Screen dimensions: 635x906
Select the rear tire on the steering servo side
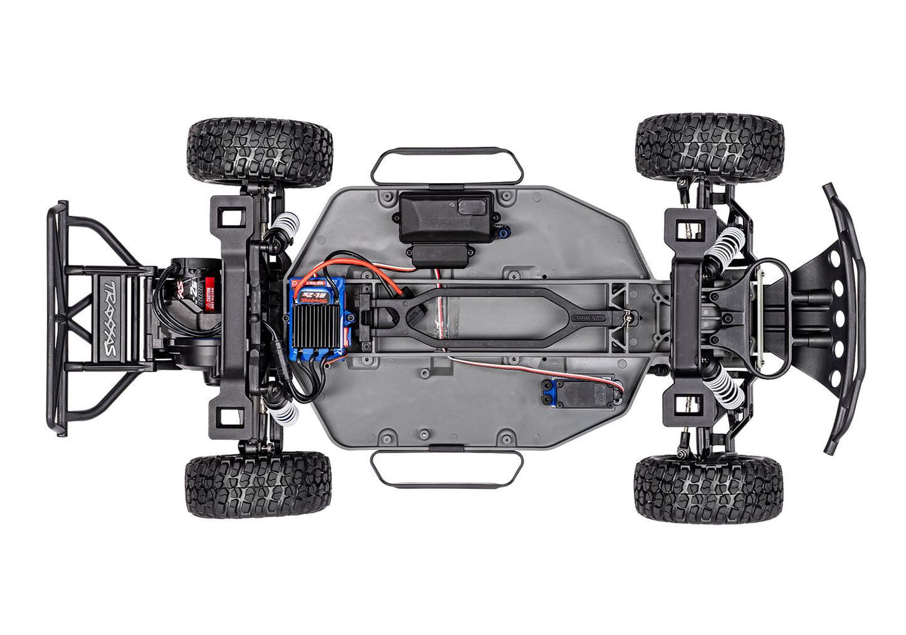click(x=258, y=485)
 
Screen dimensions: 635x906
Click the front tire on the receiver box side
click(x=710, y=147)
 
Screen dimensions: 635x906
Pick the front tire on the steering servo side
click(x=708, y=490)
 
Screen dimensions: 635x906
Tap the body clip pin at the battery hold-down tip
click(x=627, y=319)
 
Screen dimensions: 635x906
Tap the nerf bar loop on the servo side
click(x=446, y=469)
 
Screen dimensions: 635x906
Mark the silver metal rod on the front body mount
click(x=761, y=317)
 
